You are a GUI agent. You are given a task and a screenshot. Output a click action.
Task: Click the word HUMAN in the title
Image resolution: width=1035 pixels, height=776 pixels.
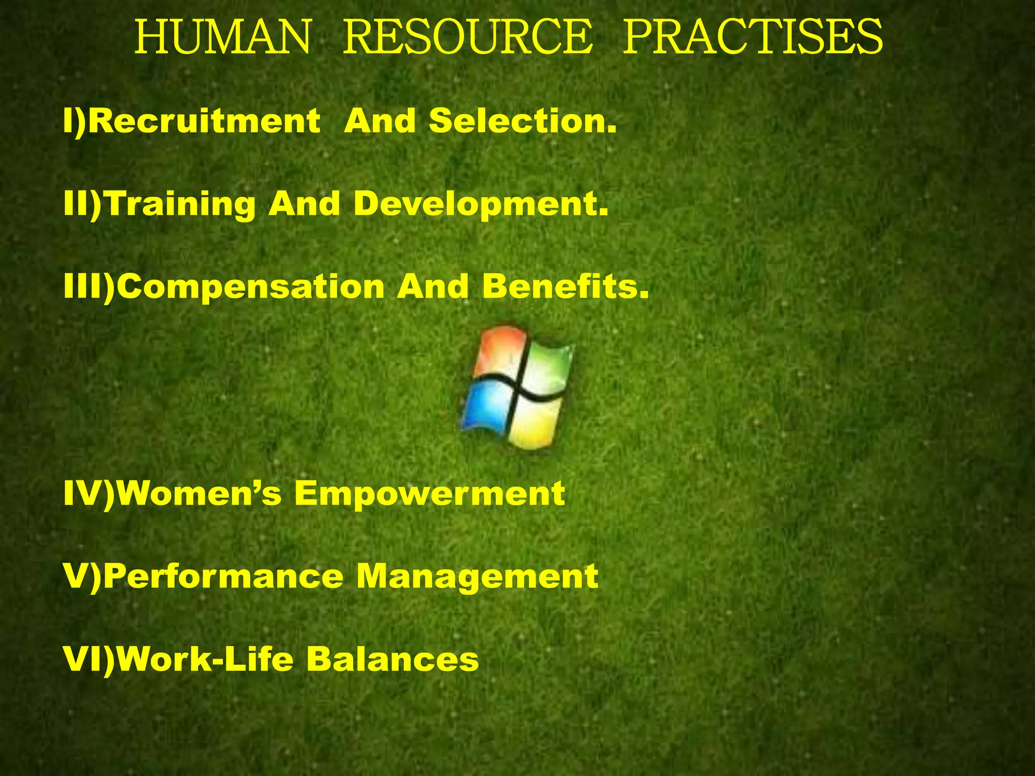point(222,37)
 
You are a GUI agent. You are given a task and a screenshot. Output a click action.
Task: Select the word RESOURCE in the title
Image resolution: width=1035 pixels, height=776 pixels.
point(467,37)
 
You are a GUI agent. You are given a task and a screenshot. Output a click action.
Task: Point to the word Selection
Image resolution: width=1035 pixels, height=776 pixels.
point(523,121)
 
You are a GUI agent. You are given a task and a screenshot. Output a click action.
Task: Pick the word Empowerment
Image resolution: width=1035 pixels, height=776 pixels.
point(430,494)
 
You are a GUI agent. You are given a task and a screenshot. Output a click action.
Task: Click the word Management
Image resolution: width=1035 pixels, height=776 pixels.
point(477,577)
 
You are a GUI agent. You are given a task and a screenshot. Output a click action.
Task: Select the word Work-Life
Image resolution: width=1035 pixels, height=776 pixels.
point(207,659)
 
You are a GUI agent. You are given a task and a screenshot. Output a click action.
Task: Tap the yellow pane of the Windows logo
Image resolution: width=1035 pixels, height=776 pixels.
point(536,422)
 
